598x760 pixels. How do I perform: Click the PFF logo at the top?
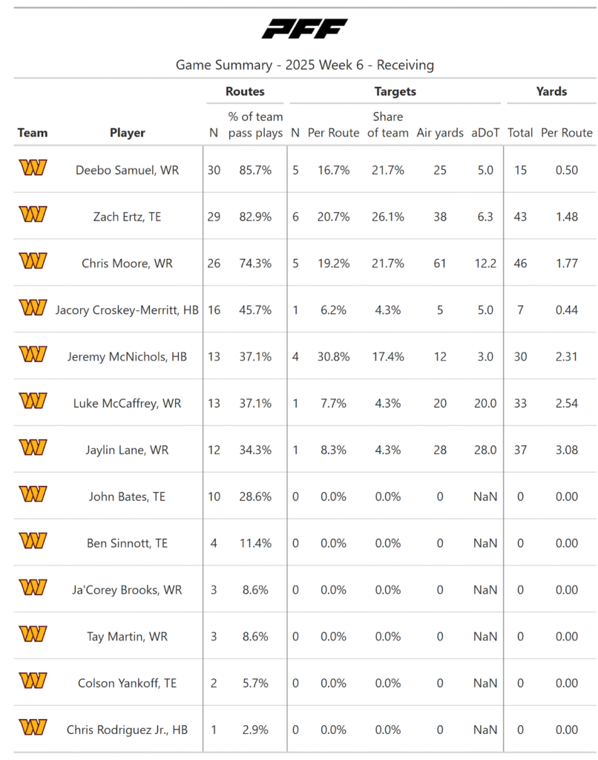pyautogui.click(x=304, y=29)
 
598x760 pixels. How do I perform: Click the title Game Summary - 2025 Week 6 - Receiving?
pyautogui.click(x=304, y=65)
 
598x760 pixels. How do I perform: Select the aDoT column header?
pyautogui.click(x=485, y=133)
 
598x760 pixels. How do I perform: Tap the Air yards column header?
pyautogui.click(x=440, y=133)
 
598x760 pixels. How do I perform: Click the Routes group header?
pyautogui.click(x=245, y=92)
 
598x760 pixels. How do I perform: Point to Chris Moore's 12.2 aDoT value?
pyautogui.click(x=485, y=263)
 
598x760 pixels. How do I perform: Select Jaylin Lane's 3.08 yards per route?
pyautogui.click(x=566, y=450)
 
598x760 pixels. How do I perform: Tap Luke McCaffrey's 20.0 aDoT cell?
pyautogui.click(x=485, y=404)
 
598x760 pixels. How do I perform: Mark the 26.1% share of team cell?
pyautogui.click(x=388, y=217)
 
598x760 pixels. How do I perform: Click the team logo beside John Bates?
pyautogui.click(x=33, y=495)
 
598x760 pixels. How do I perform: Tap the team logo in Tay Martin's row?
pyautogui.click(x=33, y=635)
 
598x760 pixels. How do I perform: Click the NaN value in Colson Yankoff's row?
pyautogui.click(x=485, y=684)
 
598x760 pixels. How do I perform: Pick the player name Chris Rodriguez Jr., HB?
pyautogui.click(x=127, y=730)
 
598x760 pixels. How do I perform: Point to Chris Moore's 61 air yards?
pyautogui.click(x=440, y=263)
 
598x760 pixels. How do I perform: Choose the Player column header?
pyautogui.click(x=128, y=133)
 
